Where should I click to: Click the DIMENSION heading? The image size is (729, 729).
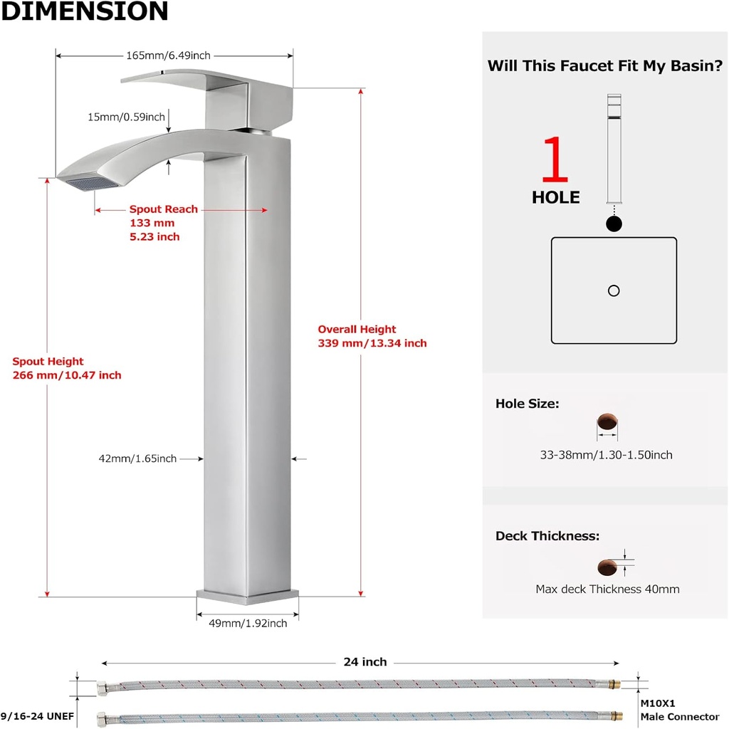(84, 11)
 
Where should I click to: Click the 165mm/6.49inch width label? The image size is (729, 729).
(168, 56)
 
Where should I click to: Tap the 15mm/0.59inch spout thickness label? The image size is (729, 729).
(126, 117)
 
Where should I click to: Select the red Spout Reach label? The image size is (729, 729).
(163, 209)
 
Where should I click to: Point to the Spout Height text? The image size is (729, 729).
(48, 361)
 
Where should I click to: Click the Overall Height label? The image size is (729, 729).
(357, 329)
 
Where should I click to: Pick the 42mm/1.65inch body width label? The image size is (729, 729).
(137, 459)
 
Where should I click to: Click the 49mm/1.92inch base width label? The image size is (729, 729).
(248, 624)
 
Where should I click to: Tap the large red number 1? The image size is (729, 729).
(555, 161)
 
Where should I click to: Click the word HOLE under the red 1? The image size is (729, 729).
(555, 198)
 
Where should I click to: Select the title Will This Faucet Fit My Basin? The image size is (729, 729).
(605, 66)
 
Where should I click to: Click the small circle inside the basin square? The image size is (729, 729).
(614, 290)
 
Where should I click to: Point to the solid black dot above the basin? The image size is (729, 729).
(614, 224)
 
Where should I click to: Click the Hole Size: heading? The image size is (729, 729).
(527, 404)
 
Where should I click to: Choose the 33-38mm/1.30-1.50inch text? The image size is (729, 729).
(606, 455)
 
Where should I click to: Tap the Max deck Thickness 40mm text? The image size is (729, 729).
(607, 589)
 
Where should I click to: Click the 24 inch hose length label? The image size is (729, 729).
(364, 662)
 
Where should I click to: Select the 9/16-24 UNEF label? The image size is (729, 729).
(38, 715)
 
